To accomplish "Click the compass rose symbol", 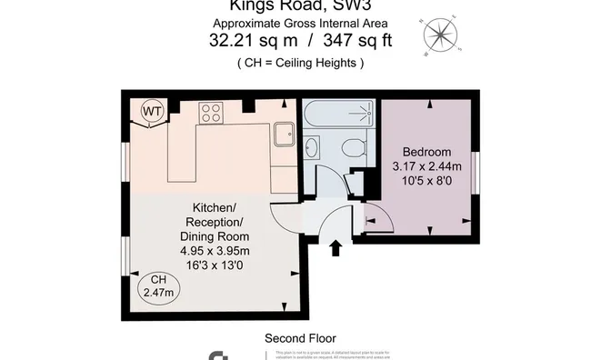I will point(441,36).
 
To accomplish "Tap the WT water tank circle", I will point(151,113).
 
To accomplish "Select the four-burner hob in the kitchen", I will point(212,113).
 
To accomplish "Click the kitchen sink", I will point(283,135).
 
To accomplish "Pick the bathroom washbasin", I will point(312,147).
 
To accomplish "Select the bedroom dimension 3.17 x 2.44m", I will point(426,166).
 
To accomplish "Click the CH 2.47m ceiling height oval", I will point(159,285).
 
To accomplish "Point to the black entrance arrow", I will point(336,247).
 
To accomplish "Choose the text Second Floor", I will point(300,337).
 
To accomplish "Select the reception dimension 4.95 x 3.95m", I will point(215,251).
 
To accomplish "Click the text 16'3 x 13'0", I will point(215,265).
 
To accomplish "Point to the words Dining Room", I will point(215,236).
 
